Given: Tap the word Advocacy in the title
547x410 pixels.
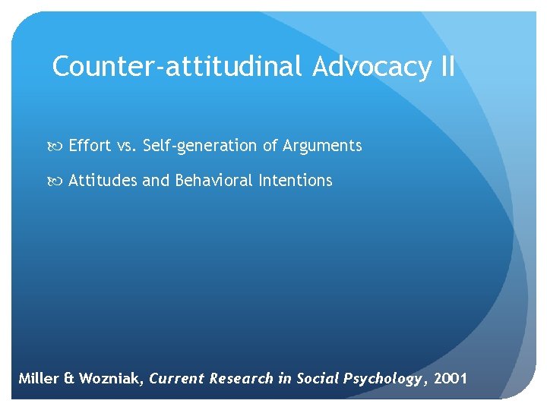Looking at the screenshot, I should point(371,67).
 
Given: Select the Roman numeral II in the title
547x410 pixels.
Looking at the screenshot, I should point(447,67).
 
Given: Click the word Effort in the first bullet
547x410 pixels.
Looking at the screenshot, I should point(90,146).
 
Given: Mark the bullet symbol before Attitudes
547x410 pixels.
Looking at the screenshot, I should point(58,181).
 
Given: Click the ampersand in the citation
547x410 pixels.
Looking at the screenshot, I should point(70,379).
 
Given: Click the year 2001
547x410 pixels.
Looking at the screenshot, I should point(451,379).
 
